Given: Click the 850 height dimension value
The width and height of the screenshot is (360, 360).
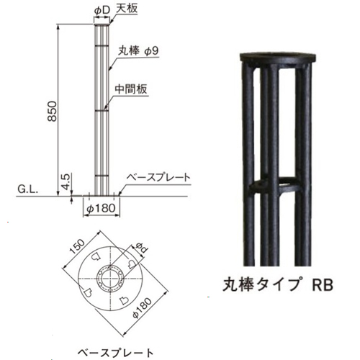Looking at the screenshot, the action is coord(52,111).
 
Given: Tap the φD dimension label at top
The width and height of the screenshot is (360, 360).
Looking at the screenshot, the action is coord(102,10).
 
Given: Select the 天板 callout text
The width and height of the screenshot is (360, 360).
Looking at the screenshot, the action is coord(127,9).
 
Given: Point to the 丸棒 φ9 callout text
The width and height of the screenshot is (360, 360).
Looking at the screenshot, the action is coord(138,51).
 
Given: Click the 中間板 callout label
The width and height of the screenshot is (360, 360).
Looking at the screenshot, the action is coord(130,89).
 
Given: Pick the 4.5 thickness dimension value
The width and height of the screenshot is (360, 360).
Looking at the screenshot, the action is coord(66,181).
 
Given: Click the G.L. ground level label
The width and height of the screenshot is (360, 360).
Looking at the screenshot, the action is coord(27,189).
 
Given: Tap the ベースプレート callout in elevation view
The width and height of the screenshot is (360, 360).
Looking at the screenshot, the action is coord(158,178).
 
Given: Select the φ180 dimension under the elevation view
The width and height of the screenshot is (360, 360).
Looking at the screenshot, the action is coord(101,208).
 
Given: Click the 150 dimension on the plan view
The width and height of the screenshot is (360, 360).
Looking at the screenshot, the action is coord(77,246).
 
